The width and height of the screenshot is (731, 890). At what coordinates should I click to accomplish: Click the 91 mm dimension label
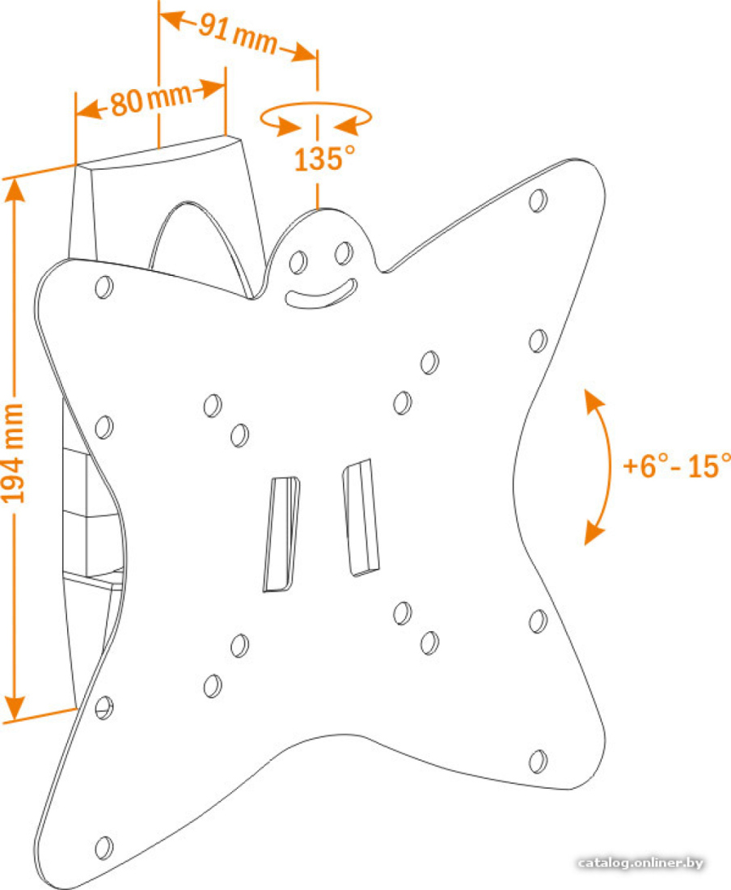point(238,35)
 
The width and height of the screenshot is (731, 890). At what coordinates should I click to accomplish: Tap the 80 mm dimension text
point(151,100)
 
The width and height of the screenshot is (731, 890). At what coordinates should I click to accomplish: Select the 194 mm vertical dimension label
point(14,453)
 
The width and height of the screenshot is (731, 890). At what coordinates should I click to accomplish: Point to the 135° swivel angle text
point(324,159)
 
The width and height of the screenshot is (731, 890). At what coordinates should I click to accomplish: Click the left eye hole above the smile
point(298,261)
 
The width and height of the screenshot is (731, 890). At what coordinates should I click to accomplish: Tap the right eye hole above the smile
point(344,252)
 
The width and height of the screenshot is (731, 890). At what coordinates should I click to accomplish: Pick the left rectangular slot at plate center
point(281,534)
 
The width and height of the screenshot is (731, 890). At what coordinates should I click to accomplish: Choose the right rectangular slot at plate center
point(361,518)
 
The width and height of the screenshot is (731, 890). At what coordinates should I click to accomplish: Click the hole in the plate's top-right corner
point(538,201)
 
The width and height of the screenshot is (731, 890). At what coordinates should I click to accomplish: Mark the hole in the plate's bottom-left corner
point(104,847)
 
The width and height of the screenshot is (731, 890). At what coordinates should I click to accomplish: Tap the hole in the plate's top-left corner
point(104,286)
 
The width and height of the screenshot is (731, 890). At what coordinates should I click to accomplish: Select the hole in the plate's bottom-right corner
point(538,761)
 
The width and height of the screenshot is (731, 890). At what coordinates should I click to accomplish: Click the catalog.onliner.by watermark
point(640,862)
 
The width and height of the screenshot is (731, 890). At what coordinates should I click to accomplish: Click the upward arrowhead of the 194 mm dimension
point(15,189)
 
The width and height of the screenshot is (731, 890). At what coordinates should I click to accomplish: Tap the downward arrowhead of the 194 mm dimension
point(15,710)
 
